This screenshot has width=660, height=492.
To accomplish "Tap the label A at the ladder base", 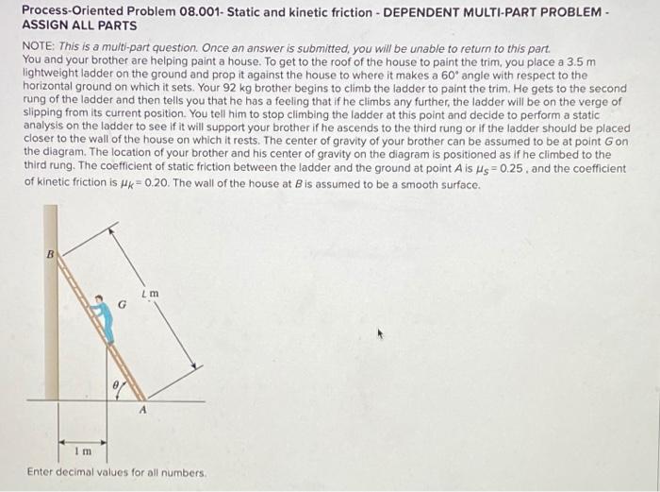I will point(143,410).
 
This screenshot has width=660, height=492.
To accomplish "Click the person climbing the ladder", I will point(106,317).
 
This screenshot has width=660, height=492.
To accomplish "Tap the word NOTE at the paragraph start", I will point(40,45).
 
